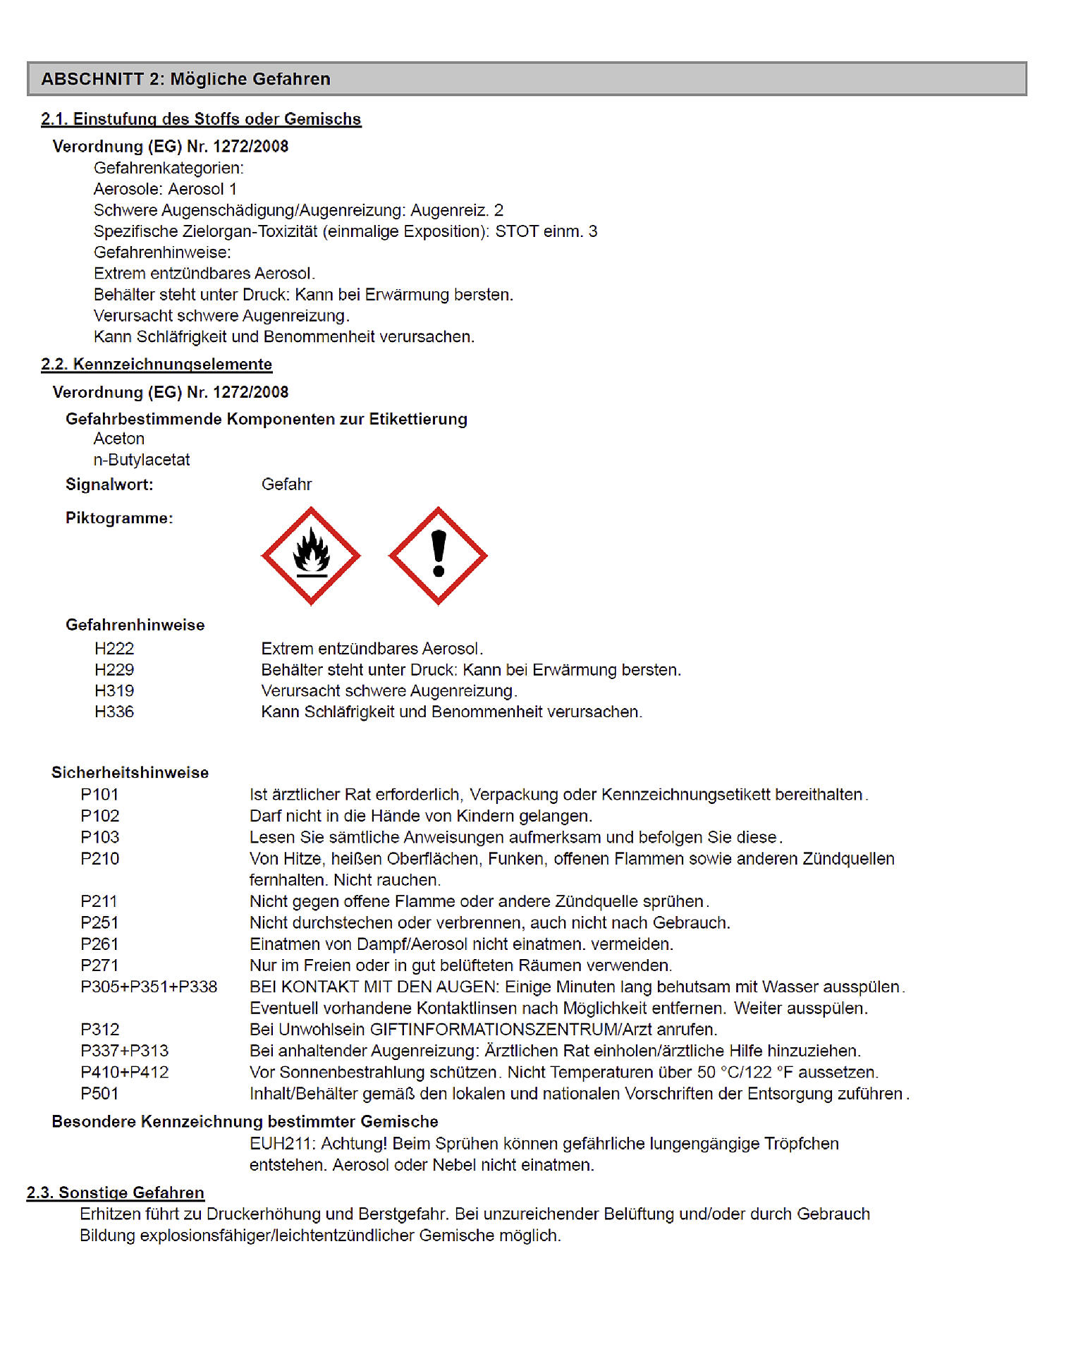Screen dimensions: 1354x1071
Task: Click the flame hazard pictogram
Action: [x=311, y=556]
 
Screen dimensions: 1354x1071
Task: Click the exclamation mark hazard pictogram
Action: [x=438, y=556]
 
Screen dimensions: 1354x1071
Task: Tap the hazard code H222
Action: [x=114, y=649]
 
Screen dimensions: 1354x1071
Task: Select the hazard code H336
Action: [x=114, y=712]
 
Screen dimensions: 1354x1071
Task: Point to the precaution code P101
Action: [x=99, y=795]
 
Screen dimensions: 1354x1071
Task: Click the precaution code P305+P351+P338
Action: [x=149, y=987]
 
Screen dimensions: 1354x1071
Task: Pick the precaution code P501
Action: [x=99, y=1094]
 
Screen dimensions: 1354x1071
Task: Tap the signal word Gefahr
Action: [x=286, y=484]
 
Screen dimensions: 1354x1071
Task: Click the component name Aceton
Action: [x=119, y=439]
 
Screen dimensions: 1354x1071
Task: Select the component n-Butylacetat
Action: [x=142, y=460]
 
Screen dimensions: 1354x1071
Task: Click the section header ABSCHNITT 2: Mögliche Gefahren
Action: [x=185, y=79]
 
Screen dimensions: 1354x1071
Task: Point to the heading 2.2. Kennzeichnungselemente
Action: [x=157, y=365]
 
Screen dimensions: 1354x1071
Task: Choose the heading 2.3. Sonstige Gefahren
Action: [x=116, y=1193]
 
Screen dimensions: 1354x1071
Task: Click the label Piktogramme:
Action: [x=119, y=518]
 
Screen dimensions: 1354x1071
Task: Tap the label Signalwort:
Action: [x=109, y=484]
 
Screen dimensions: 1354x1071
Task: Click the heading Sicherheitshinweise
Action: [x=130, y=773]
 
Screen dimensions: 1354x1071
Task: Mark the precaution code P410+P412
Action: [x=125, y=1073]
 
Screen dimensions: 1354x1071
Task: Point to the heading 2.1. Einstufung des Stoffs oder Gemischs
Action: [x=201, y=119]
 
